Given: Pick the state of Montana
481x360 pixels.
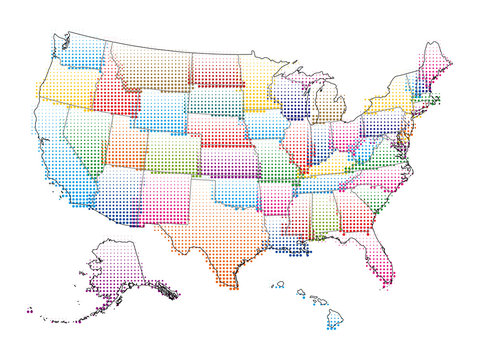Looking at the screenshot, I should [150, 65].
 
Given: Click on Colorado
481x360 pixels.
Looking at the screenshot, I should [172, 153].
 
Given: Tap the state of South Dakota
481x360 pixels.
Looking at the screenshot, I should [214, 101].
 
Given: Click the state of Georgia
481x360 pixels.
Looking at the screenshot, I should [350, 210].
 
